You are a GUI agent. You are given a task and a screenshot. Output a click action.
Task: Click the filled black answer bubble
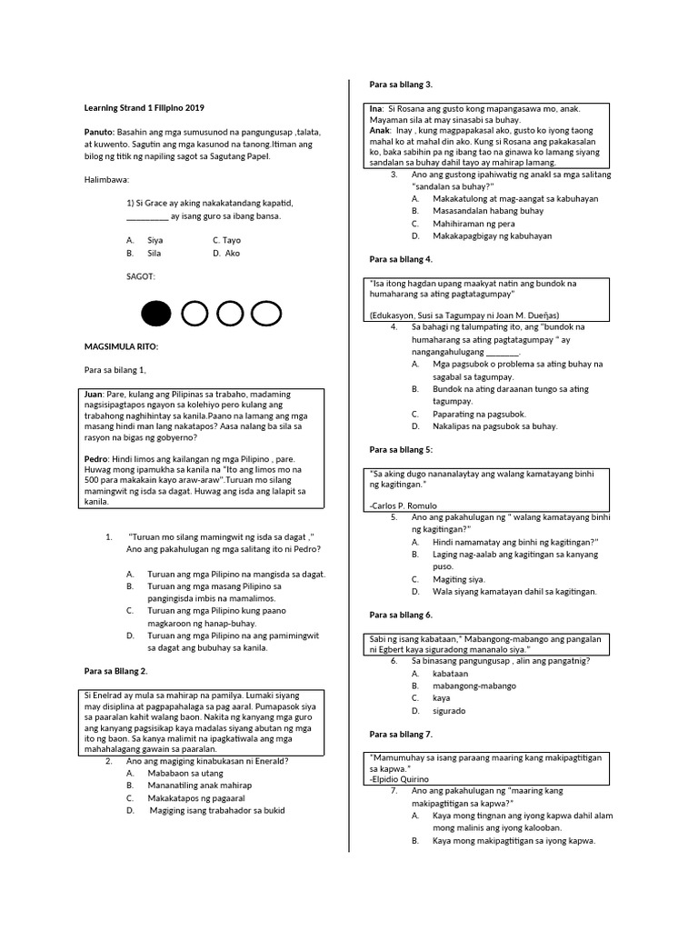(x=155, y=315)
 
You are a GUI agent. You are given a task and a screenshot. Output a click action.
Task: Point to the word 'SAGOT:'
(x=141, y=275)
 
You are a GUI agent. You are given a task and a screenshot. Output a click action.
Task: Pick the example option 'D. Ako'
(x=226, y=253)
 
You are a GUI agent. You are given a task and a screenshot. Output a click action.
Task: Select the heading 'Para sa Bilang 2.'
(x=115, y=670)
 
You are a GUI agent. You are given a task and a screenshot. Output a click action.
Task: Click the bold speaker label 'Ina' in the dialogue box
(x=375, y=108)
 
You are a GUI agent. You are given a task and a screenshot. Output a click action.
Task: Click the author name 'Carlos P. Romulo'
(x=406, y=505)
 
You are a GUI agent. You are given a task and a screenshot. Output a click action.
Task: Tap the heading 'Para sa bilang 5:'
(x=401, y=449)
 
